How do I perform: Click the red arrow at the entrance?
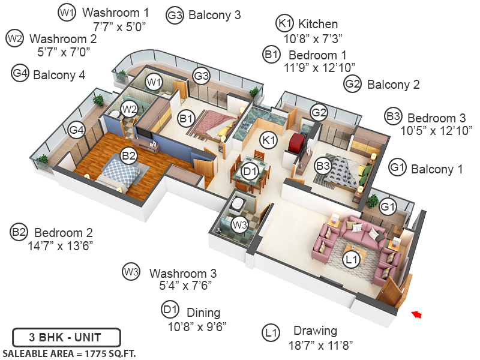[x=417, y=314]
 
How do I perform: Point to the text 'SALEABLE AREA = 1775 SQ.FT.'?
[x=69, y=353]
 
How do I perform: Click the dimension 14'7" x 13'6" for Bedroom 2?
[x=60, y=245]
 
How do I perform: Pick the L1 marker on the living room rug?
[x=352, y=260]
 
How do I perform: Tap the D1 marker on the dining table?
[x=250, y=172]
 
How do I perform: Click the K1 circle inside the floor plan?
[x=268, y=140]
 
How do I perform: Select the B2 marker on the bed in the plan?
[x=128, y=156]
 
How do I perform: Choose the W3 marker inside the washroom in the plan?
[x=239, y=225]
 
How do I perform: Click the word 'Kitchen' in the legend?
[x=318, y=25]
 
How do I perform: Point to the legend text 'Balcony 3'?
[x=214, y=15]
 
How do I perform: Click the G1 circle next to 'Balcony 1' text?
[x=397, y=169]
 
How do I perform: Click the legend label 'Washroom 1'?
[x=116, y=13]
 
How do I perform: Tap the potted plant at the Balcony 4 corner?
[x=42, y=160]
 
